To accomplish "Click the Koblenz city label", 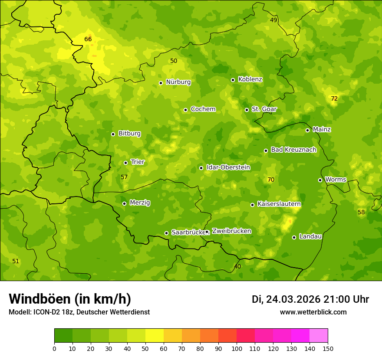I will pos(250,79).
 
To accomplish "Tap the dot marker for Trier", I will pos(126,163).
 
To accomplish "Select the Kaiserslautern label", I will pos(279,204).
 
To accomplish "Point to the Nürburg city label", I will pos(178,82).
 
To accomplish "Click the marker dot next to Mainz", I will pos(307,130).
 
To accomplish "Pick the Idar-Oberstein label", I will pos(228,167).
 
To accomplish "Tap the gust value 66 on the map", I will pos(88,39).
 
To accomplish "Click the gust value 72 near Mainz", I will pos(334,98).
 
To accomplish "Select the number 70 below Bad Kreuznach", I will pos(271,180).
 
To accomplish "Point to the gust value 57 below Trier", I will pos(124,177).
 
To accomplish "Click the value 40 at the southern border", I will pos(237,266).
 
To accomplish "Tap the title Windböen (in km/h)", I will pos(70,299).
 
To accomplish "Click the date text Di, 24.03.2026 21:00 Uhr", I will pos(310,299).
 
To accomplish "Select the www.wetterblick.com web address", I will pos(313,312).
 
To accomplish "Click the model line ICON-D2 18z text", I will pos(79,312).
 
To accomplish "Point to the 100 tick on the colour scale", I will pos(237,348).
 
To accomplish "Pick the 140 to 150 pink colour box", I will pos(319,336).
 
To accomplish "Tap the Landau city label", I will pos(310,236).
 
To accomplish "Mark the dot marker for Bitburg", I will pos(113,134).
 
